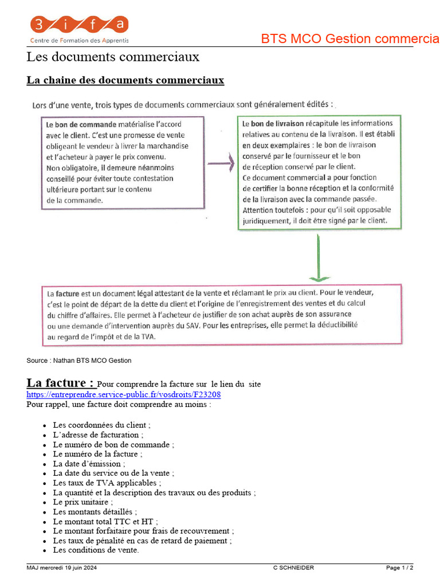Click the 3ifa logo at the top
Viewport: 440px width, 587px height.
coord(79,29)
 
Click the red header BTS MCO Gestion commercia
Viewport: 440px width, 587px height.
coord(350,39)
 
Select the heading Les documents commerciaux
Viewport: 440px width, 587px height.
coord(113,57)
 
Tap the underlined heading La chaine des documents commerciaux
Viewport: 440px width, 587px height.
coord(125,80)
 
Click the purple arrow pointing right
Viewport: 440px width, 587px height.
coord(220,164)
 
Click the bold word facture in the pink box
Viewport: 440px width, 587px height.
coord(67,293)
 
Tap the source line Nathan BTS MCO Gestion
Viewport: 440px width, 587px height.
coord(78,361)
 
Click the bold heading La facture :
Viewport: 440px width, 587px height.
coord(60,383)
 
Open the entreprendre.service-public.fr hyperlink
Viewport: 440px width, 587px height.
coord(123,395)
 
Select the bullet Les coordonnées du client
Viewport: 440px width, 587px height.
coord(101,425)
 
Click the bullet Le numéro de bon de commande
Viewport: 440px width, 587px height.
coord(113,444)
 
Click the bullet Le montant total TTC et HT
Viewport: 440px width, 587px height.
coord(106,521)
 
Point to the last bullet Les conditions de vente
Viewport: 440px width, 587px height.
coord(96,550)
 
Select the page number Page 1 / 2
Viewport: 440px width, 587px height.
coord(399,568)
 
